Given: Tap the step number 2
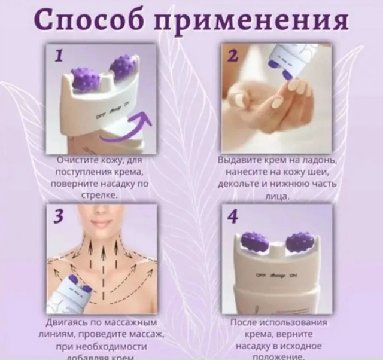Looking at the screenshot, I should [x=233, y=57].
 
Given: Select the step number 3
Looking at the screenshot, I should [x=58, y=217].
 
